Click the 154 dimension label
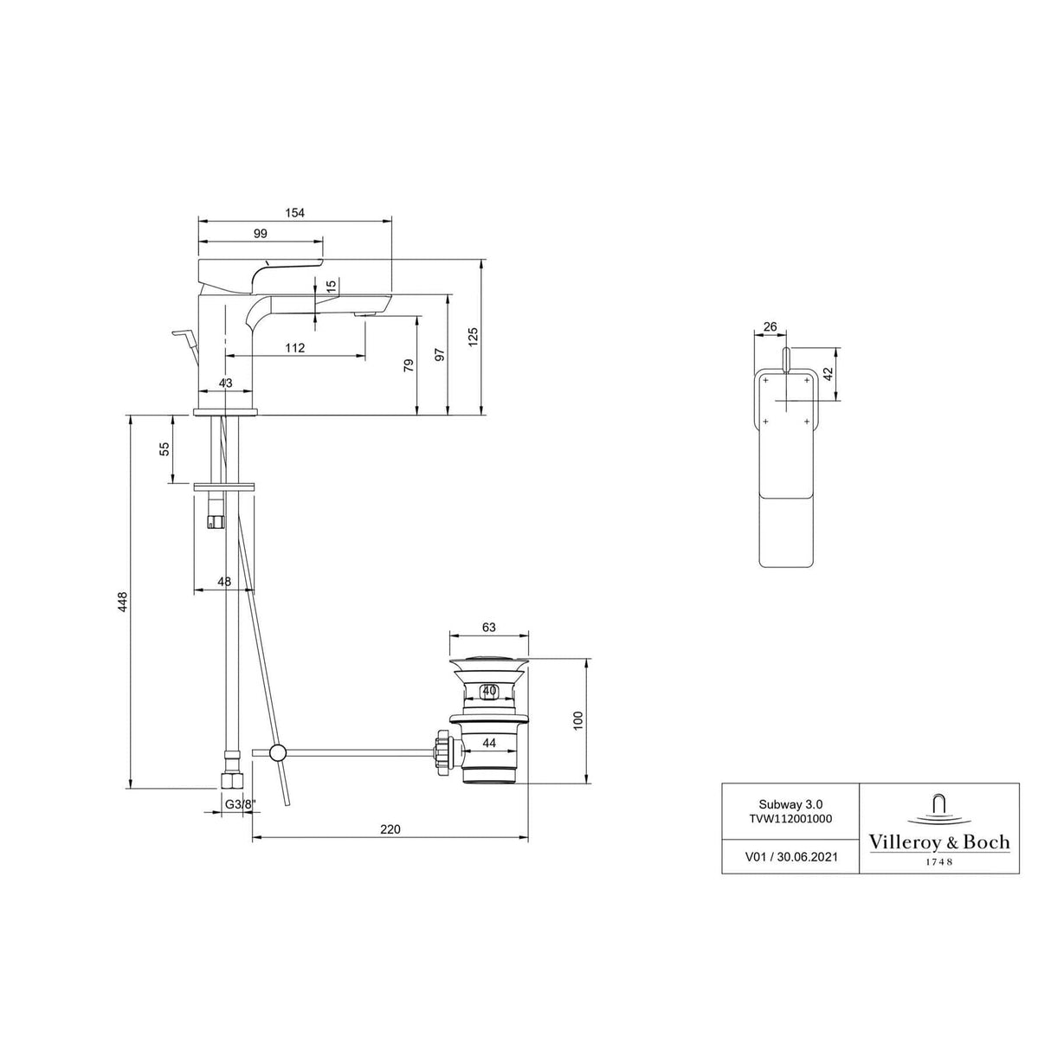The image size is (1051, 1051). (x=294, y=213)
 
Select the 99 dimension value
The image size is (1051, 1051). (x=261, y=234)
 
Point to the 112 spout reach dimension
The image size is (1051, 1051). (x=294, y=348)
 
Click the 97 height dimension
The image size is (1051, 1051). (x=440, y=354)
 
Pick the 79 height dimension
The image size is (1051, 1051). (x=409, y=365)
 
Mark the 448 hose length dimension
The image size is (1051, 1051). (x=123, y=602)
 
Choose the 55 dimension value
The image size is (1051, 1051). (x=165, y=448)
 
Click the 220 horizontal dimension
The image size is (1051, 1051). (x=390, y=829)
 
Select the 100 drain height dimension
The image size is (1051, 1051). (x=579, y=720)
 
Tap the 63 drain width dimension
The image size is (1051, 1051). (x=488, y=627)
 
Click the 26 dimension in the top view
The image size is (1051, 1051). (x=770, y=327)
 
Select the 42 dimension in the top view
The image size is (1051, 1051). (x=829, y=374)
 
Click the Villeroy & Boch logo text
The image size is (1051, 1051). (x=938, y=842)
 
